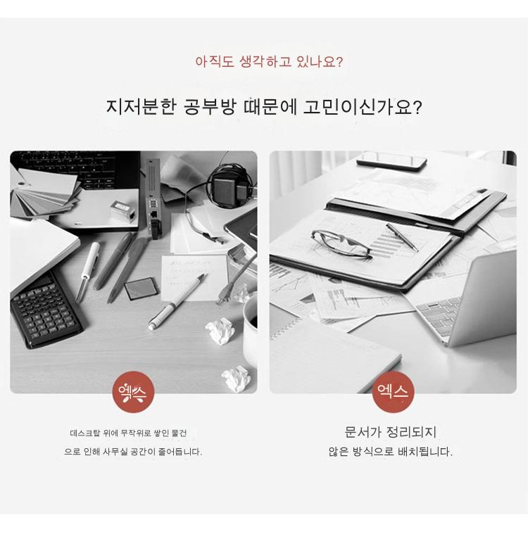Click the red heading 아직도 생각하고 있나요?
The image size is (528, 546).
pos(269,62)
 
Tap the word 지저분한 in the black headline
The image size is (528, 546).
pos(142,107)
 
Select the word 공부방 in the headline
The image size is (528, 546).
pos(210,107)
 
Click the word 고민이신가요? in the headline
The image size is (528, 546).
pos(363,107)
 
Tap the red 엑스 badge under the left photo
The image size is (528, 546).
pos(133,392)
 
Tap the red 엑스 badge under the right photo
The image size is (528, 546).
pos(393,392)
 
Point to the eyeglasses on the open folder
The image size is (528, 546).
pos(341,244)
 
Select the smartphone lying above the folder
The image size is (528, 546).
pos(391,161)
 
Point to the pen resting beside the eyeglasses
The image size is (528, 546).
pos(402,237)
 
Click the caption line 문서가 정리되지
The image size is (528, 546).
pos(390,432)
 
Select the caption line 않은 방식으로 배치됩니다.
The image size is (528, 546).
pos(390,452)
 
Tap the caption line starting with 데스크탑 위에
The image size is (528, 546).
pos(128,433)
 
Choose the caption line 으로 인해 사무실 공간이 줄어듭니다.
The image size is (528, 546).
pos(133,452)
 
